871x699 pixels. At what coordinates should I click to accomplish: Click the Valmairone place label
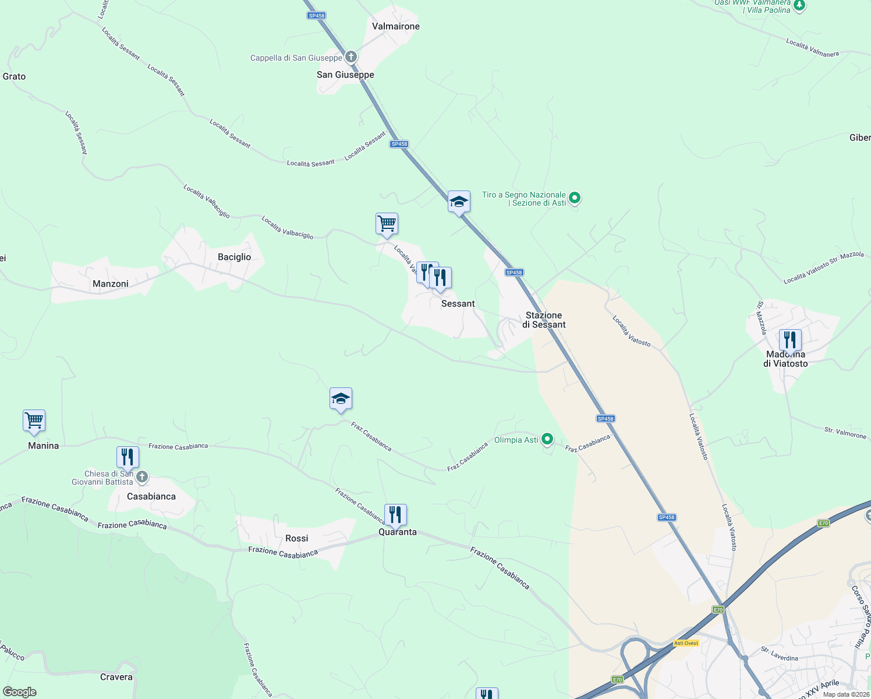click(x=396, y=26)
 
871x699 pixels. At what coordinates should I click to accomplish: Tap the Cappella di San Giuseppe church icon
click(x=350, y=57)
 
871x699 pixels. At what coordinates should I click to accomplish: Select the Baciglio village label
click(x=234, y=257)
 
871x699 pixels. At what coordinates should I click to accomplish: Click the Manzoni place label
click(x=111, y=284)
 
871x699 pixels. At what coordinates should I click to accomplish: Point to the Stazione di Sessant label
click(x=544, y=320)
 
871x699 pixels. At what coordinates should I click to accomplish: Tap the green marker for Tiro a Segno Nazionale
click(x=575, y=199)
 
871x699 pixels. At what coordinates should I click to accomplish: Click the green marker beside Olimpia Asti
click(x=547, y=439)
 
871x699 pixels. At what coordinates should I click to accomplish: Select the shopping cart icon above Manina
click(x=34, y=421)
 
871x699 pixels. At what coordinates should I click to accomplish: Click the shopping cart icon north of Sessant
click(x=387, y=223)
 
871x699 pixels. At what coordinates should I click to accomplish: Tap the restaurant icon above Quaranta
click(x=395, y=514)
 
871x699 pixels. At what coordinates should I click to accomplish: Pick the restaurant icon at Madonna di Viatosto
click(x=790, y=340)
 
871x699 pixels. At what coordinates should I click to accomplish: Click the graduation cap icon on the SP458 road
click(x=459, y=202)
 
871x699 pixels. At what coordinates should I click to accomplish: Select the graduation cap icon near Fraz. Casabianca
click(x=341, y=398)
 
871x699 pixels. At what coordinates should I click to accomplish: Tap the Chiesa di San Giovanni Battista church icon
click(x=141, y=478)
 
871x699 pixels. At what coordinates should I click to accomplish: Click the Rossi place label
click(x=297, y=538)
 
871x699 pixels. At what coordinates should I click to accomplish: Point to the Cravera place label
click(x=116, y=677)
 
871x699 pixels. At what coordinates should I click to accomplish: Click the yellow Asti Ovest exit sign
click(x=686, y=643)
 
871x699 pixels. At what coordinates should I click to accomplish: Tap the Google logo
click(x=20, y=692)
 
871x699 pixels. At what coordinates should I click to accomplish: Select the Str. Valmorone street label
click(x=845, y=433)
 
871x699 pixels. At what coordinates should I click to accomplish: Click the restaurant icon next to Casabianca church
click(x=128, y=457)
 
